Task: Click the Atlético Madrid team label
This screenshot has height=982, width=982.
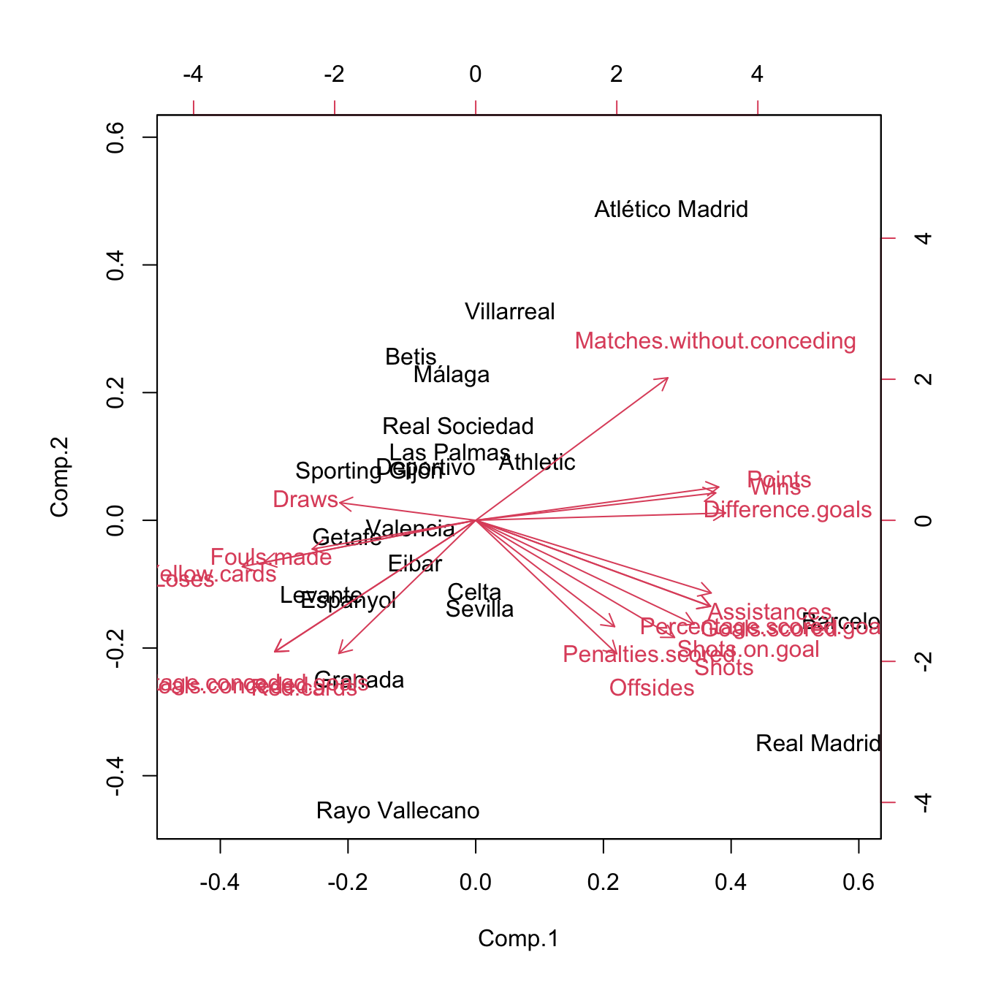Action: tap(671, 210)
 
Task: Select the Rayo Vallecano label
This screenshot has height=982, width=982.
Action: tap(397, 811)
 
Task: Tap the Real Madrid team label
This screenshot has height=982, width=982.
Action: tap(818, 744)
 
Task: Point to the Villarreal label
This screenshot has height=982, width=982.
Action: tap(510, 312)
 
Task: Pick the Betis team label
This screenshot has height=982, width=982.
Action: tap(411, 357)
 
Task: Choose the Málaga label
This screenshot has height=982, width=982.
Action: tap(452, 376)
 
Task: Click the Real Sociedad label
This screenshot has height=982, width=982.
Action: tap(458, 427)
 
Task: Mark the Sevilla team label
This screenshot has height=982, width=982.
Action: tap(479, 609)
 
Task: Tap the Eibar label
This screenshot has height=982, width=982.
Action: tap(415, 564)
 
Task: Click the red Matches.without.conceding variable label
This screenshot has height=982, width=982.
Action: tap(715, 341)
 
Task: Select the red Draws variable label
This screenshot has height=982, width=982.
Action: tap(305, 500)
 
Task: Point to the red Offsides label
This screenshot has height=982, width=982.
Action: tap(652, 688)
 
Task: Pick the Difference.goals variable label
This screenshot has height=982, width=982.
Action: tap(788, 510)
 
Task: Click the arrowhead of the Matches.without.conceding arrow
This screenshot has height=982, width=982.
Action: tap(667, 378)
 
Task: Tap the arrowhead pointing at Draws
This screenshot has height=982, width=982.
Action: tap(341, 501)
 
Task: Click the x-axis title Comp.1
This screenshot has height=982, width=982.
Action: tap(518, 939)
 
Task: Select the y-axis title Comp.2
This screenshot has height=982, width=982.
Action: tap(59, 476)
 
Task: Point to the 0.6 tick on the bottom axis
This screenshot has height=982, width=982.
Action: tap(859, 883)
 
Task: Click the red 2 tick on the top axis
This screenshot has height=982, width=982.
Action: tap(617, 75)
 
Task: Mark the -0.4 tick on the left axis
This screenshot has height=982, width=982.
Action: tap(115, 775)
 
